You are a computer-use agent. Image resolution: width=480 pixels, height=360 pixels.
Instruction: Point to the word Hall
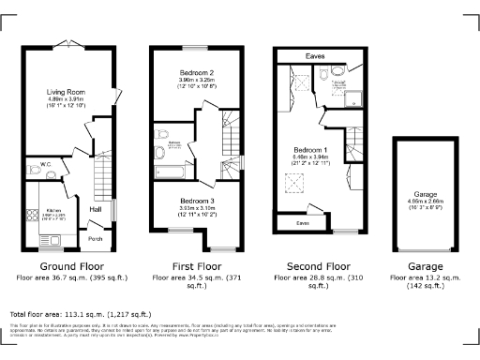click(95, 209)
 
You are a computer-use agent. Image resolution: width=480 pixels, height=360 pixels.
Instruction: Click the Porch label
click(95, 238)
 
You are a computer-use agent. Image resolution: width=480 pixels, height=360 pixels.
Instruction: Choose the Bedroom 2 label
click(198, 72)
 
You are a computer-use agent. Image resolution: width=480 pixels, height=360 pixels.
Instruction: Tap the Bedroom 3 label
click(198, 201)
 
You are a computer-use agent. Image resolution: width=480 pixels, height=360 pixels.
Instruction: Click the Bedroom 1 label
click(309, 150)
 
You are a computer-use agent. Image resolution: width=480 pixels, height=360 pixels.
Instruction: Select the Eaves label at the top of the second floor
click(315, 56)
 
